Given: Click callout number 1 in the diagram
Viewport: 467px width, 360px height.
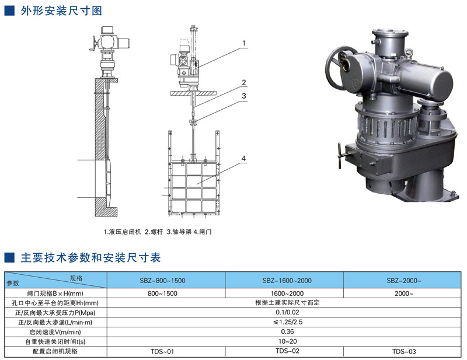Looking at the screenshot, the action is click(244, 43).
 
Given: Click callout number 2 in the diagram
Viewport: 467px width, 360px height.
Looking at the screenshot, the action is click(244, 82).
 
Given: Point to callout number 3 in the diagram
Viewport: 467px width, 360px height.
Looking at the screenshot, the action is click(244, 96).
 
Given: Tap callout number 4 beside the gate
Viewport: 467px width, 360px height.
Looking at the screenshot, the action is click(243, 159).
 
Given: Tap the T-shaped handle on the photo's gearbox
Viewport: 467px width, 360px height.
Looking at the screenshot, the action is click(341, 155).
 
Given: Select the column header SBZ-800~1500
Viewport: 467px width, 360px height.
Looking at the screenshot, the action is click(163, 281).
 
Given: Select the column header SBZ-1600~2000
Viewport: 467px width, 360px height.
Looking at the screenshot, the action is click(287, 281).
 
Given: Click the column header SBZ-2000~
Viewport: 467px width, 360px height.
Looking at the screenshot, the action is click(404, 281).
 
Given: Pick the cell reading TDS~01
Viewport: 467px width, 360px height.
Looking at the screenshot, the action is click(162, 352).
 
